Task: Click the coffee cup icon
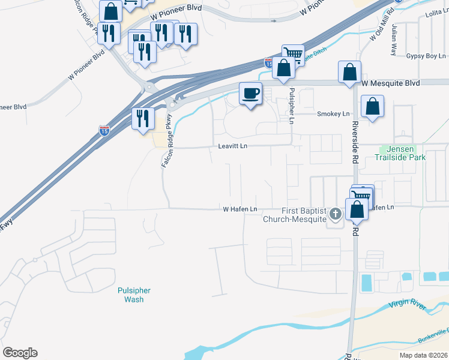(250, 94)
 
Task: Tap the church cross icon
(336, 212)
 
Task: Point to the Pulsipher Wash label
(134, 295)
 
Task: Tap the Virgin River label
(407, 305)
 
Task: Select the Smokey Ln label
(333, 113)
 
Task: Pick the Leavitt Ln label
(233, 146)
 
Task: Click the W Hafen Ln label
(240, 209)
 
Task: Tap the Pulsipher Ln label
(292, 106)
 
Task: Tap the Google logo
(20, 353)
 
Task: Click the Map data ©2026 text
(423, 355)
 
